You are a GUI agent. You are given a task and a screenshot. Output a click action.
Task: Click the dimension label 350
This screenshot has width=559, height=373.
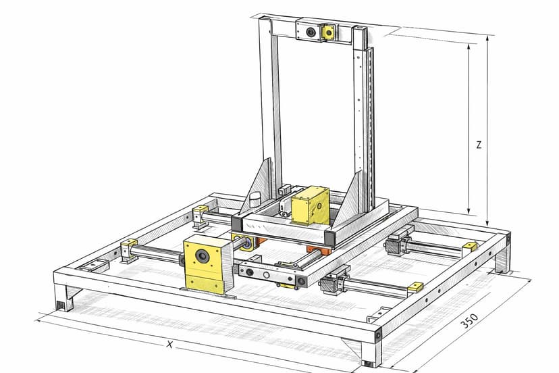tap(469, 321)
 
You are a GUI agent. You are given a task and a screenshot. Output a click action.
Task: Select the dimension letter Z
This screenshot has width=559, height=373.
tap(479, 145)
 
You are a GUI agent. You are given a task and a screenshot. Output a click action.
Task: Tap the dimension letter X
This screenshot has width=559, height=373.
tap(170, 345)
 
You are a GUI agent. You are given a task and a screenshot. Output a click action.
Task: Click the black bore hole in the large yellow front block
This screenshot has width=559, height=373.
tap(203, 255)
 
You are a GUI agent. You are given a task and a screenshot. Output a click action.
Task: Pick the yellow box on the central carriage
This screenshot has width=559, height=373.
tap(310, 205)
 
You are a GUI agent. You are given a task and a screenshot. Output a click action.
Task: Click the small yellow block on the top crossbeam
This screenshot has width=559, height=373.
tap(328, 32)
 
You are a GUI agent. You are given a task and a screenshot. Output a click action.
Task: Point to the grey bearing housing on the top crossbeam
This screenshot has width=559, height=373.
tap(309, 31)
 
